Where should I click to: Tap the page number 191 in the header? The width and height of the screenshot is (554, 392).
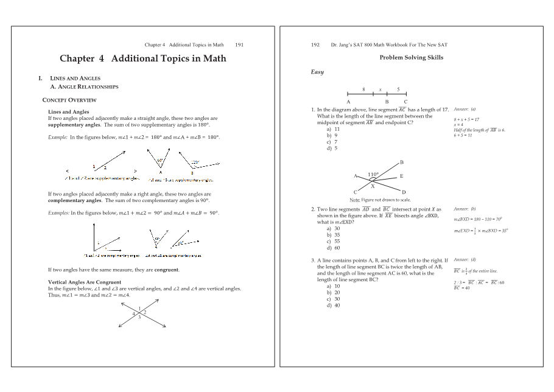[239, 44]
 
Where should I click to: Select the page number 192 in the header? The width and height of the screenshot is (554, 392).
[315, 44]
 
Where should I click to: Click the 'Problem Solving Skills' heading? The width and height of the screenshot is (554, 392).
[411, 57]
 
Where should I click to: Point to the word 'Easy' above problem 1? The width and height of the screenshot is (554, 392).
[317, 72]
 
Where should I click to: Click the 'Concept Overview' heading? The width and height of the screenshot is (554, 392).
[69, 100]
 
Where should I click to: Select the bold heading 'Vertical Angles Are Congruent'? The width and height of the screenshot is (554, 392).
[84, 282]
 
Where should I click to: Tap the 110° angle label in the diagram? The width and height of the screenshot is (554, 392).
[373, 174]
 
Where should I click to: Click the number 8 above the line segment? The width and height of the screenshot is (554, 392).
[363, 89]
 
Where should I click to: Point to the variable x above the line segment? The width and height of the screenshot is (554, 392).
[380, 89]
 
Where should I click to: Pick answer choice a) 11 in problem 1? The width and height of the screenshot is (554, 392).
[333, 129]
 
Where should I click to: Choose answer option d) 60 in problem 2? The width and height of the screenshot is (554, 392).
[333, 248]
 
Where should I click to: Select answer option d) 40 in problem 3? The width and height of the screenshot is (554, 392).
[333, 306]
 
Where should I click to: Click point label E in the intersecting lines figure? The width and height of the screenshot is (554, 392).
[401, 176]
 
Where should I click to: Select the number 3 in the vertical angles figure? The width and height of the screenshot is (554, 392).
[139, 317]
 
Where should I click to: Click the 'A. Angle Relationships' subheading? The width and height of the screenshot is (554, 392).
[85, 86]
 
